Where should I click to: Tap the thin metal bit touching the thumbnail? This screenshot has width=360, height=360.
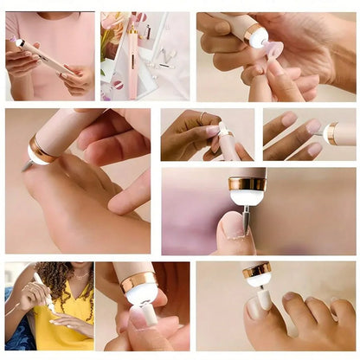[246, 218]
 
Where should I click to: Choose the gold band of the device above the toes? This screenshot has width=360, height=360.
[256, 270]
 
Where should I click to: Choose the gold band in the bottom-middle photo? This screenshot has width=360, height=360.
[138, 280]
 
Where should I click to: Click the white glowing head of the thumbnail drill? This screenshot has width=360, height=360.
[247, 196]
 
